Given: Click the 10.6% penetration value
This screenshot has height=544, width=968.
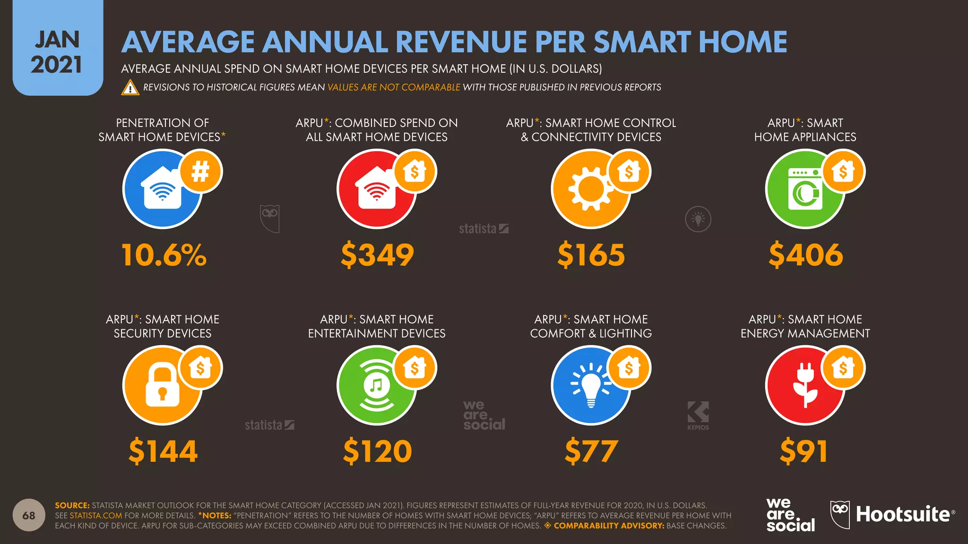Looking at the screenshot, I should [164, 255].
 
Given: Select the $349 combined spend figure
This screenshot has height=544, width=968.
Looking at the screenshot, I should [377, 255].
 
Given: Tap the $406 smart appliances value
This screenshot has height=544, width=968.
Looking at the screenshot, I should [805, 255].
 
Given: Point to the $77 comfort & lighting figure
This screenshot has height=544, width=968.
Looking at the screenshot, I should [591, 451].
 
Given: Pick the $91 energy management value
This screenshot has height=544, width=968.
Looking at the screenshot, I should [804, 451].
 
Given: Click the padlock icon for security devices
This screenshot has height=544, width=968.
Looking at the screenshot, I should [162, 386].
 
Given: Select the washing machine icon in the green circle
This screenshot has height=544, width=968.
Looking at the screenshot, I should [805, 189].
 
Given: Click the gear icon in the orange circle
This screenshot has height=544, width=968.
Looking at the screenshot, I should [590, 189].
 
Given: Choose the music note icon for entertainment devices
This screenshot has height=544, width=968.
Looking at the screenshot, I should [376, 385].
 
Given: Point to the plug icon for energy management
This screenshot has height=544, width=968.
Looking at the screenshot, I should [805, 385].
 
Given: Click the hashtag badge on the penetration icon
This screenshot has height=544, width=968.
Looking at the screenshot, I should [201, 171].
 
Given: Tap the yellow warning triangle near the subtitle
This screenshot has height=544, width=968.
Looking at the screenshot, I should [130, 88].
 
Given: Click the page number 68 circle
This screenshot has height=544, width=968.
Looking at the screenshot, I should [29, 515].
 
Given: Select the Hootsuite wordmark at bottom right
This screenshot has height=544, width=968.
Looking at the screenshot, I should [903, 514].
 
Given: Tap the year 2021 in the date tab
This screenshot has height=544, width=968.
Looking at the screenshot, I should [56, 65].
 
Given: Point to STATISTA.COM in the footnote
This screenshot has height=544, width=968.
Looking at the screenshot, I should [96, 516].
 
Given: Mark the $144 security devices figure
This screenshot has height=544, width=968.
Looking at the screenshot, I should [163, 451].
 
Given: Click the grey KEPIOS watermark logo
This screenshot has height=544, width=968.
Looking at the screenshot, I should [698, 415].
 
